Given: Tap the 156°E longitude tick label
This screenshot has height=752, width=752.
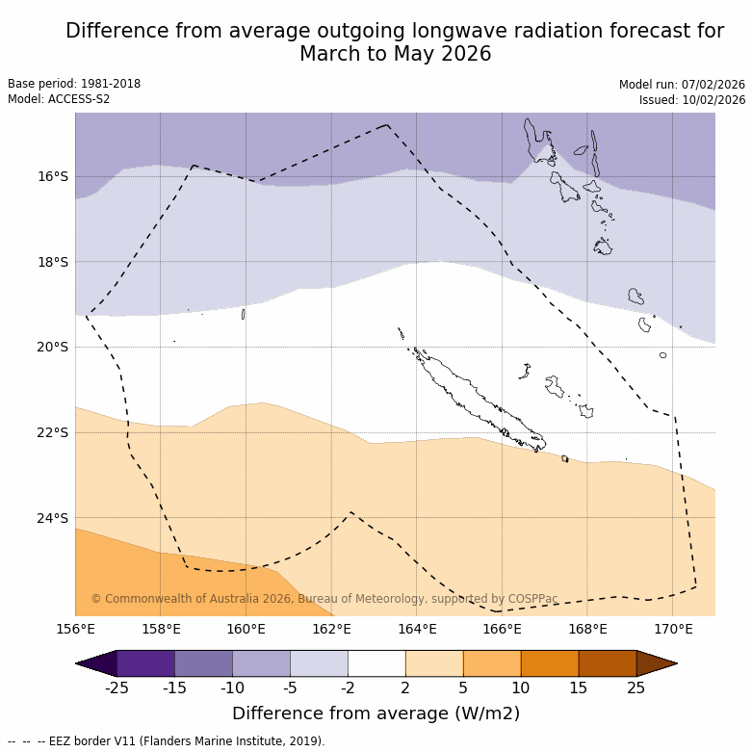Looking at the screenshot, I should tap(75, 630).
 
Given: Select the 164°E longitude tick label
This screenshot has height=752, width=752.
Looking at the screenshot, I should tap(417, 630).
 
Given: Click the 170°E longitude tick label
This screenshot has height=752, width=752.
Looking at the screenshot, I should tap(673, 630).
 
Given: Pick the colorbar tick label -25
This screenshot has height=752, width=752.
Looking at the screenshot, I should tap(117, 687).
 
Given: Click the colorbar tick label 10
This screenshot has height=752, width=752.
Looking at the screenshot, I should tap(521, 687).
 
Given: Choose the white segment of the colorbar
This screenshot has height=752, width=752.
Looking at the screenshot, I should tap(376, 663).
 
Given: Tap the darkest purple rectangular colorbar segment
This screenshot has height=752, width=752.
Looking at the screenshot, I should tap(145, 663).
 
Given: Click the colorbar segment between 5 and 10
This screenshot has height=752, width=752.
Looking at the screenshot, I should tap(492, 663).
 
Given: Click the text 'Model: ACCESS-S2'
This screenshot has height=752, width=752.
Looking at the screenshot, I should tap(59, 99).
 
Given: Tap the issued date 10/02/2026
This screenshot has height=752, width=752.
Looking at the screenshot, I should tap(713, 100).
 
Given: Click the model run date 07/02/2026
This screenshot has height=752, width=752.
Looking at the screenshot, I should tap(713, 84).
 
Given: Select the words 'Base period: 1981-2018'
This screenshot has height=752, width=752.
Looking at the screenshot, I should tap(74, 84).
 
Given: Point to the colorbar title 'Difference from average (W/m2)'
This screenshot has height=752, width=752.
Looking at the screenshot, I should tap(376, 713).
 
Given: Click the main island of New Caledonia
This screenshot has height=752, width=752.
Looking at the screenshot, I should tap(472, 396).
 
